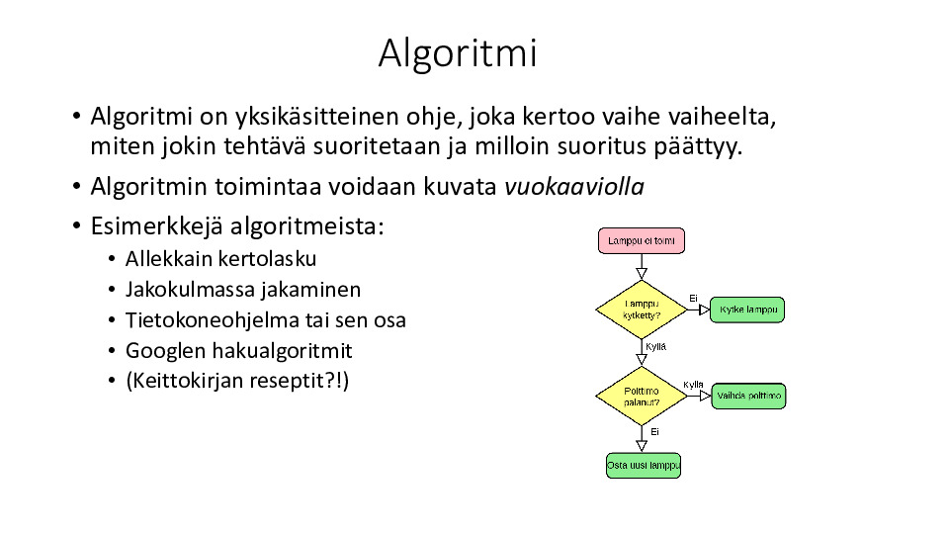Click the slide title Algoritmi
[458, 53]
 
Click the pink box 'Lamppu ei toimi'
[642, 241]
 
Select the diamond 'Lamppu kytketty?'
[642, 310]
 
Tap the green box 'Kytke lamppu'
[747, 310]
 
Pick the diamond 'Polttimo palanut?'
[642, 396]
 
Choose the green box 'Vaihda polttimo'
[748, 396]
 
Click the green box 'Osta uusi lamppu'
[644, 466]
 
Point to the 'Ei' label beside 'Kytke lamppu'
[694, 299]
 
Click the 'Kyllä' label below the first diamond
[656, 347]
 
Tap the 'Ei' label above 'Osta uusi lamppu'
[654, 432]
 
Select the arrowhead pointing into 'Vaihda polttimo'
[705, 396]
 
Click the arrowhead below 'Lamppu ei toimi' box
[642, 274]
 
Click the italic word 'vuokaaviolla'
[574, 187]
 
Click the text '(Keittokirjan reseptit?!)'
[237, 381]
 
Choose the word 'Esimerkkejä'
[157, 226]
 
